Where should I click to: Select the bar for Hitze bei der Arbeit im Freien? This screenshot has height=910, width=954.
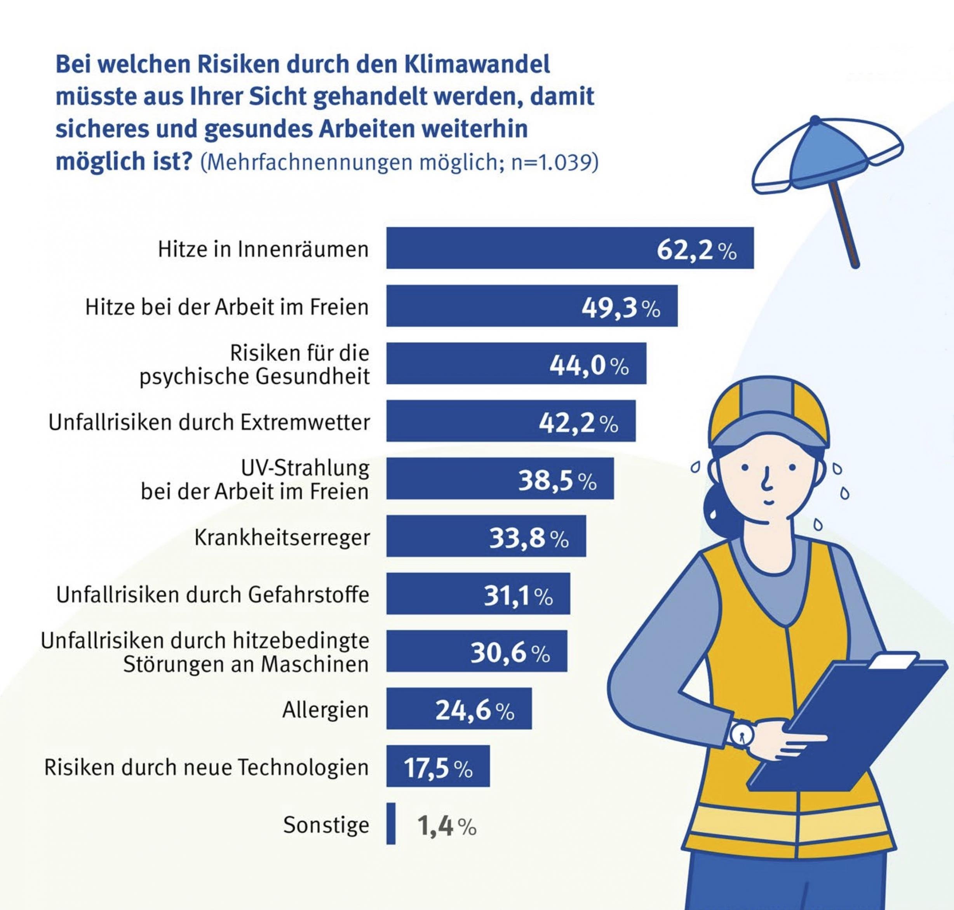coord(485,306)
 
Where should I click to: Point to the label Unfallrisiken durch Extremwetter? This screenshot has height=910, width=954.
coord(209,423)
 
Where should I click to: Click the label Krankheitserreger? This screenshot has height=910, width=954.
coord(282,538)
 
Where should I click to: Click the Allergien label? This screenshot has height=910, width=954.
coord(326,710)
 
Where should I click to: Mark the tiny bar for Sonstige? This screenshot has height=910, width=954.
coord(391,824)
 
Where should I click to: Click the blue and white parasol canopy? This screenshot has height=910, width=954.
coord(825,155)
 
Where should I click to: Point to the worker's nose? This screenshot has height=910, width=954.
coord(766,480)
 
